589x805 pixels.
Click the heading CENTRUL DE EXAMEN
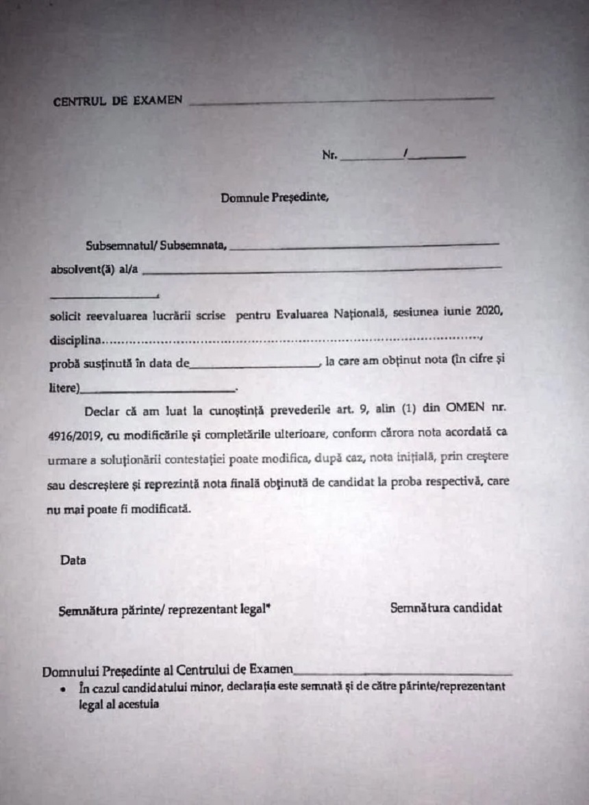pyautogui.click(x=117, y=101)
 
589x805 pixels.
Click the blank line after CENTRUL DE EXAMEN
pyautogui.click(x=340, y=101)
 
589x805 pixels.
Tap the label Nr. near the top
pyautogui.click(x=329, y=156)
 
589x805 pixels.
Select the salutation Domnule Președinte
pyautogui.click(x=275, y=199)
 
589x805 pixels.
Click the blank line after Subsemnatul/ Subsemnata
pyautogui.click(x=364, y=246)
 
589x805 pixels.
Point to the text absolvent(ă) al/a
pyautogui.click(x=95, y=269)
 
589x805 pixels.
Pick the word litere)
pyautogui.click(x=64, y=389)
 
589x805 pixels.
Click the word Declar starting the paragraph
pyautogui.click(x=104, y=412)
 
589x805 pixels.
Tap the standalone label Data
pyautogui.click(x=73, y=560)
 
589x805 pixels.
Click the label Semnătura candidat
pyautogui.click(x=446, y=607)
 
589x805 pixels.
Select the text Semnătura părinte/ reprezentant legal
pyautogui.click(x=162, y=609)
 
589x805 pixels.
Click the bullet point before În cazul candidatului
pyautogui.click(x=63, y=689)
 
